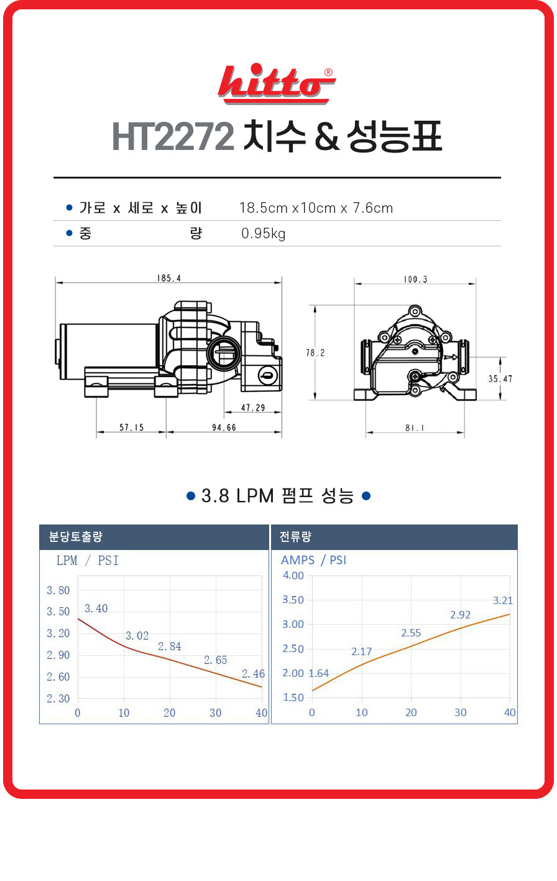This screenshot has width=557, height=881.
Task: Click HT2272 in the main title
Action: [173, 136]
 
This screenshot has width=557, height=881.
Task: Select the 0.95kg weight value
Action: [264, 233]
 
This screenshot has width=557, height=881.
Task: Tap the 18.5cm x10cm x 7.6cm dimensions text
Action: [316, 208]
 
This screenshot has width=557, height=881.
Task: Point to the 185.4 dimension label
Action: [169, 279]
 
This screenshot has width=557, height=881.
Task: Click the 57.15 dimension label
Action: [132, 427]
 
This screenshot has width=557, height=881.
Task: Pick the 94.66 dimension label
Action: [224, 427]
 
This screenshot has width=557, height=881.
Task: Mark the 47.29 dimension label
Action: [253, 408]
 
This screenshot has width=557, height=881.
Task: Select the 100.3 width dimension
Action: [415, 279]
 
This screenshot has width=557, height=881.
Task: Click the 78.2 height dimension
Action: [315, 353]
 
